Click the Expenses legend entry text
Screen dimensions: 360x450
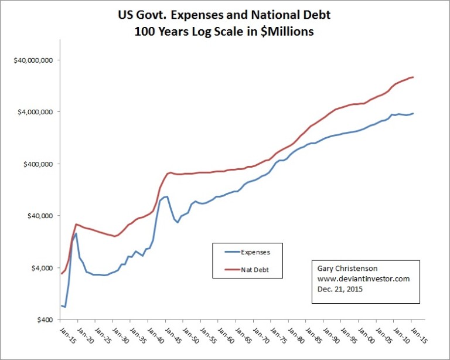(255, 252)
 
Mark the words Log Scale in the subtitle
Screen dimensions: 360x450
(221, 32)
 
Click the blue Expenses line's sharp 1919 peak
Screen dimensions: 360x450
(76, 233)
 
